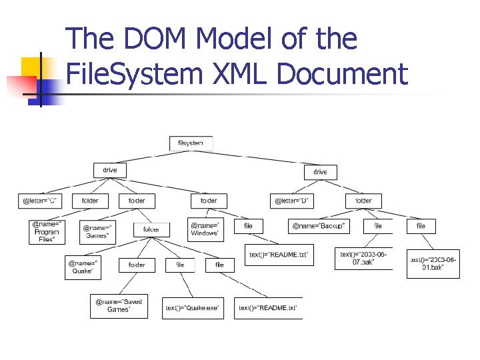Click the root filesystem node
point(191,143)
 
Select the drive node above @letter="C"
point(109,171)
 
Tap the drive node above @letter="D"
point(320,172)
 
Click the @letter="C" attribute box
point(41,200)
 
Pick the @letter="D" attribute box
point(293,200)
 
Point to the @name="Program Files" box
point(47,232)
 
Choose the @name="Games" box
point(97,231)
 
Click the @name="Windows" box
point(205,229)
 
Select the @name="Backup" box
point(319,227)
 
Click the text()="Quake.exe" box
point(193,308)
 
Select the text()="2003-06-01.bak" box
point(433,263)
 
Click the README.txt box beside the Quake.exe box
point(268,308)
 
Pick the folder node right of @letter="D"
point(363,200)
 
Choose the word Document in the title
point(341,73)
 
